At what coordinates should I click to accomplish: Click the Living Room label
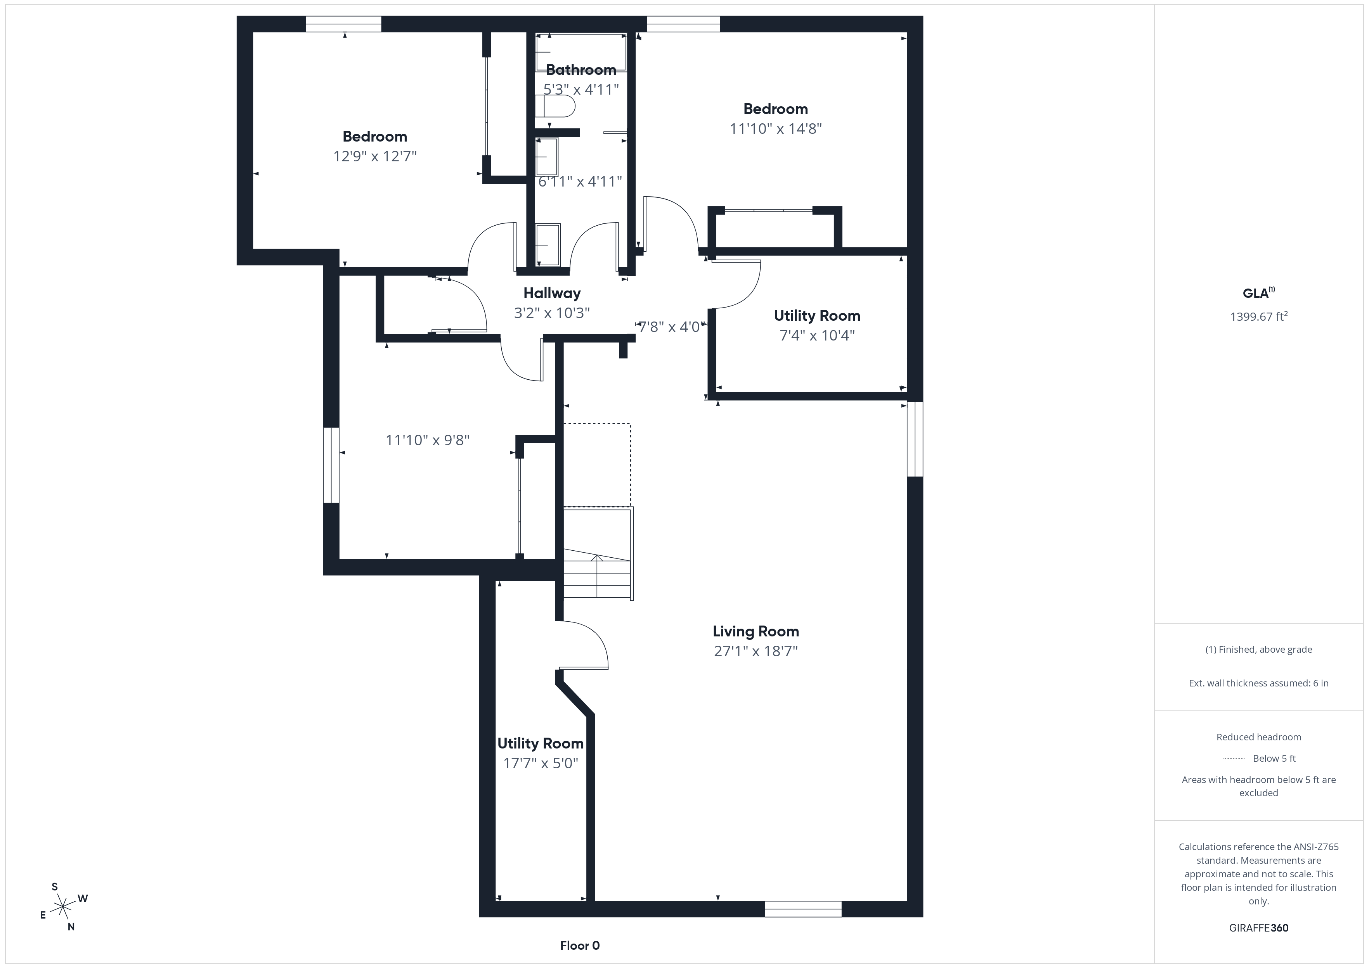pyautogui.click(x=756, y=631)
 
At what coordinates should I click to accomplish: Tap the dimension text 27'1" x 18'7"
pyautogui.click(x=756, y=651)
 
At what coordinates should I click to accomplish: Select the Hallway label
pyautogui.click(x=551, y=293)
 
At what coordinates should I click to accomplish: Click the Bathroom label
pyautogui.click(x=581, y=70)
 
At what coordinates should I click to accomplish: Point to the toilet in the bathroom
pyautogui.click(x=555, y=107)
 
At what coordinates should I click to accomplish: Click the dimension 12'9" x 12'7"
pyautogui.click(x=374, y=156)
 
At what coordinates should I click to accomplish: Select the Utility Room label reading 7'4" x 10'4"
pyautogui.click(x=817, y=316)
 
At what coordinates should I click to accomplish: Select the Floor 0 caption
pyautogui.click(x=580, y=946)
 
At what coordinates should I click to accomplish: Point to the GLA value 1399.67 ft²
pyautogui.click(x=1259, y=316)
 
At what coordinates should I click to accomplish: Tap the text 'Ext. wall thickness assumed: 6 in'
pyautogui.click(x=1259, y=683)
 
